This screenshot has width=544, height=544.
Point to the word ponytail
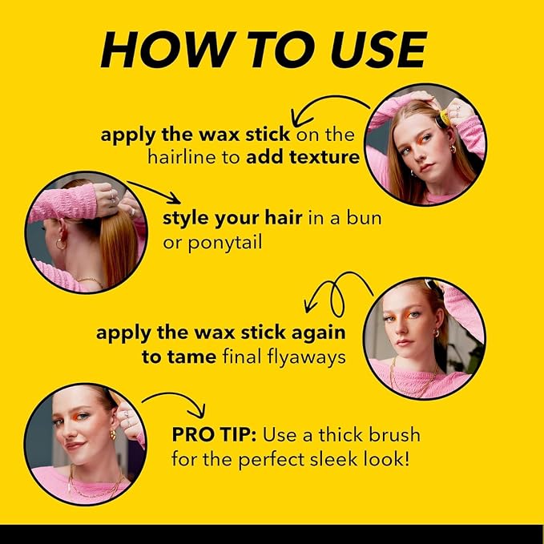coord(225,243)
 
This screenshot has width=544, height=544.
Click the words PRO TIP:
coord(214,435)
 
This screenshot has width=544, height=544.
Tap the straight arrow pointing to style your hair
coord(153,192)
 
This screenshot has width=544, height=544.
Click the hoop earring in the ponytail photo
coord(60,244)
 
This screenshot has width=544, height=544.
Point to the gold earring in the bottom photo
coord(113,434)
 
